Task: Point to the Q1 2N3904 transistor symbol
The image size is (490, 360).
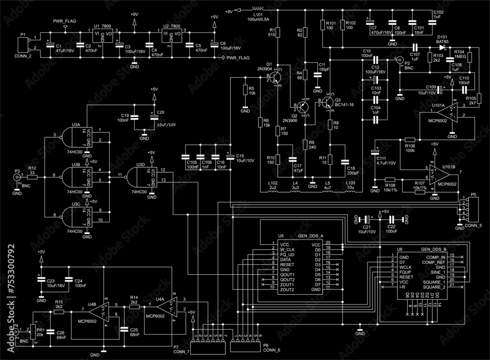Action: pos(277,77)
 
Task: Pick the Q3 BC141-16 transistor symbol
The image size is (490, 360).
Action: pos(327,103)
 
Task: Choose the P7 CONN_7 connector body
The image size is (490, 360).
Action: pos(209,347)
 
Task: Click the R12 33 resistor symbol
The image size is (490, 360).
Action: pos(32,175)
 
